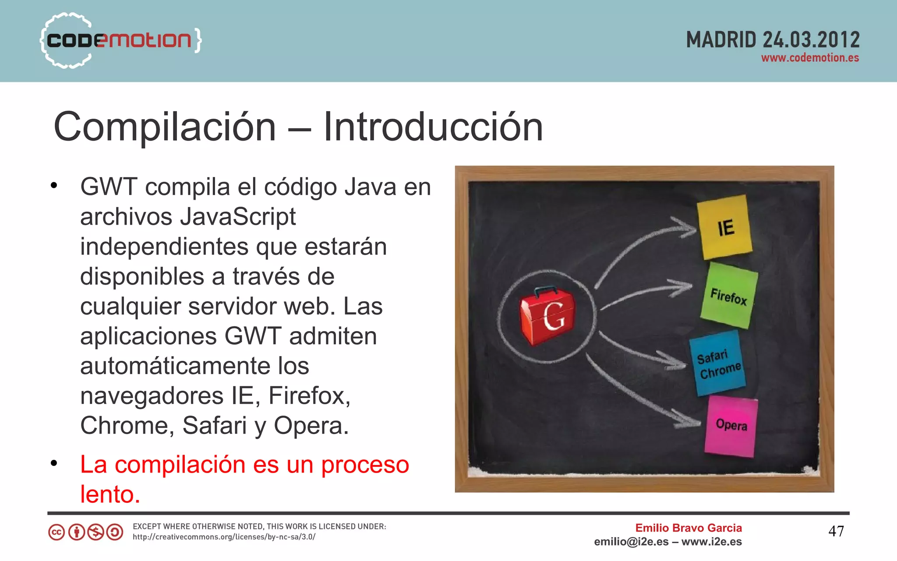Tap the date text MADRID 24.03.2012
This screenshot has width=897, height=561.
point(773,40)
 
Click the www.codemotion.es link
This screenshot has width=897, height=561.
point(810,58)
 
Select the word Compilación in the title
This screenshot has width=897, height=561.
point(165,127)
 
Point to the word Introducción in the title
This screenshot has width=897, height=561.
point(433,127)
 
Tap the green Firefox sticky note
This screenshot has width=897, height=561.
point(729,296)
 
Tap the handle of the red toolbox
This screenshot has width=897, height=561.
point(545,290)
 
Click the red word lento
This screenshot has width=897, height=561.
point(110,494)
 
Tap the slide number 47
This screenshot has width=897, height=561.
point(836,531)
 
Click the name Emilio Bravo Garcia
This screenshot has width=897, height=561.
point(688,528)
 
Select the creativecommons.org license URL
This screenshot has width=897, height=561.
point(224,537)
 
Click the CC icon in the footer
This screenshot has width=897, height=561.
point(57,532)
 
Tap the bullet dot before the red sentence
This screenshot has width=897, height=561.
point(54,463)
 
